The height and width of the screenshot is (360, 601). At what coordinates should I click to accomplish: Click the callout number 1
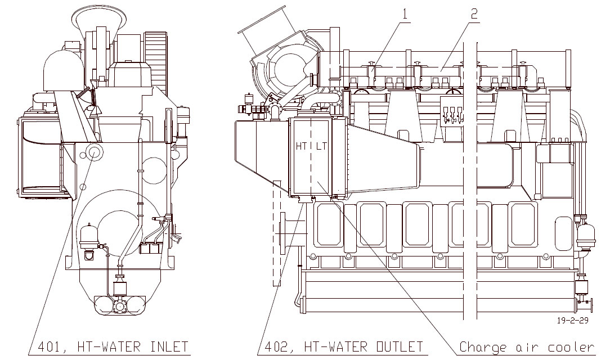pos(405,14)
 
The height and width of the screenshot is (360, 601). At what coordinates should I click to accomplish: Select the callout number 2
pos(474,14)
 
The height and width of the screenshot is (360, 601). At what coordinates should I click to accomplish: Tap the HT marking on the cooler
pos(302,146)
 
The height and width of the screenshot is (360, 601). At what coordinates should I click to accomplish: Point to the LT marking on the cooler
pos(321,146)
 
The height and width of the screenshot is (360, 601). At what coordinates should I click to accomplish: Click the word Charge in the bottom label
pos(479,347)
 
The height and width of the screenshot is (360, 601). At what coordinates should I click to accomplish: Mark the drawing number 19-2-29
pos(572,321)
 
